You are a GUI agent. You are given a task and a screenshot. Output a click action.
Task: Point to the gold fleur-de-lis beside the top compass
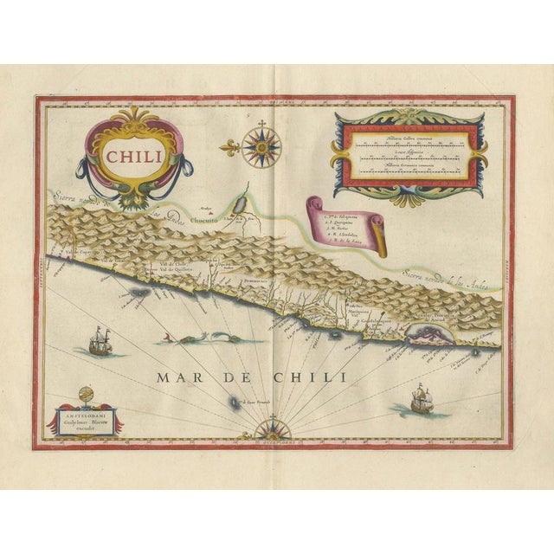tap(229, 149)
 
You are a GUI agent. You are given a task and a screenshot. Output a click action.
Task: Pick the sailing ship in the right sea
tap(420, 399)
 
